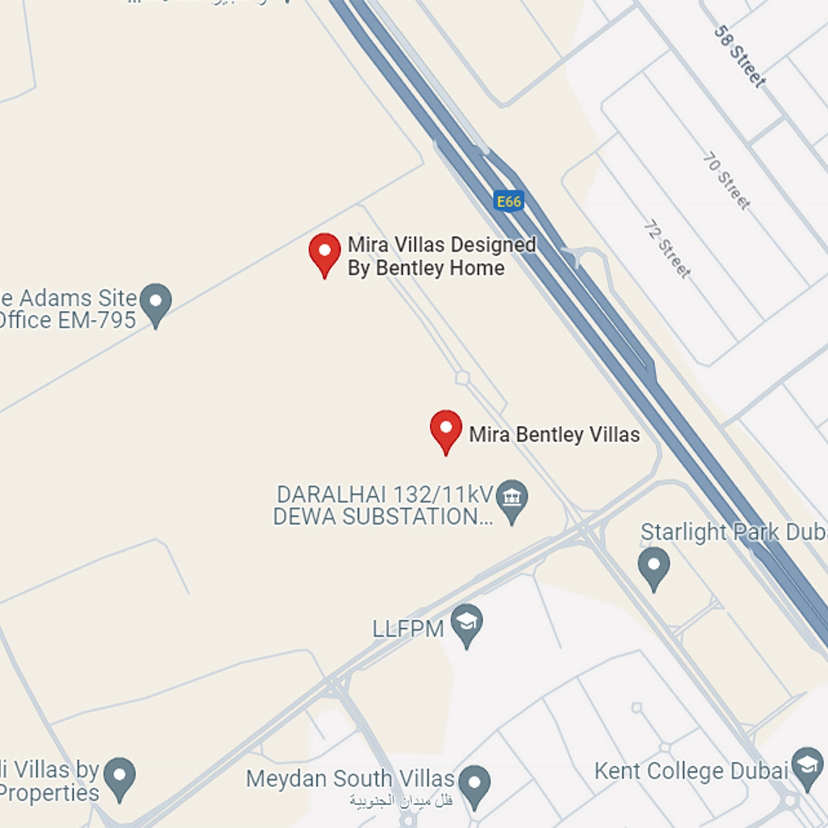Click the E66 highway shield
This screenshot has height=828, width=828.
click(x=509, y=201)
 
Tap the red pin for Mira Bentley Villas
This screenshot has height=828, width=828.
click(x=446, y=429)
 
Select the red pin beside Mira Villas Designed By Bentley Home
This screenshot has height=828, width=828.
click(x=324, y=252)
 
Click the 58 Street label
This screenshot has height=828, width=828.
click(x=739, y=57)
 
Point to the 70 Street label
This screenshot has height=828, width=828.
click(x=726, y=180)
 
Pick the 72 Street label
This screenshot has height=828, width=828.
click(x=667, y=249)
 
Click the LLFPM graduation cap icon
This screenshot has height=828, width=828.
click(x=467, y=623)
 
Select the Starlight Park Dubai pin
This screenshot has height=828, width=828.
click(x=654, y=567)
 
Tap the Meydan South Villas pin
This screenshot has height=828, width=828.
click(x=474, y=784)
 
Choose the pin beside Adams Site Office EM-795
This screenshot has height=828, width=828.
click(x=156, y=302)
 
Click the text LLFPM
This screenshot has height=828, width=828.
click(x=408, y=629)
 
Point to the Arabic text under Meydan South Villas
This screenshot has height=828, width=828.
click(x=401, y=801)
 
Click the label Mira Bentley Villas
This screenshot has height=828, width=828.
click(x=554, y=434)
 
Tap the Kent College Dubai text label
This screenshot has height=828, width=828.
click(x=691, y=771)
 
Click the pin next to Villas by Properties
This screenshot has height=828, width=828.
click(x=120, y=776)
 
